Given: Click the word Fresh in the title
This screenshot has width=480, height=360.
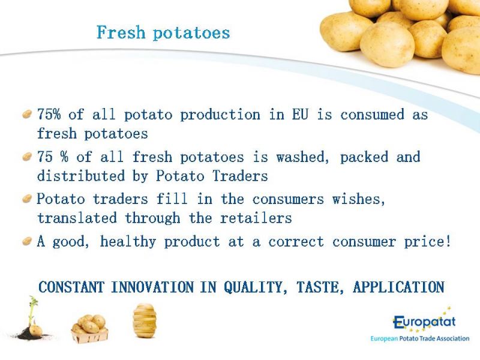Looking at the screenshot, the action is coord(121,32).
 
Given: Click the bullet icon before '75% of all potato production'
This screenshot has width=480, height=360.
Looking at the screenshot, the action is coord(27,115).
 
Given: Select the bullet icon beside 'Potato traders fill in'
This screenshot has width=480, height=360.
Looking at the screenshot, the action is coord(27,199).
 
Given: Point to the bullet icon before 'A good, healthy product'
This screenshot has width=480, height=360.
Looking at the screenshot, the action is coord(27,241).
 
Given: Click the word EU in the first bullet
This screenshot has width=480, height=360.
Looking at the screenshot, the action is coord(300,115).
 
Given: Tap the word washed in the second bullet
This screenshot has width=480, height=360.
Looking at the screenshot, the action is coord(302,157).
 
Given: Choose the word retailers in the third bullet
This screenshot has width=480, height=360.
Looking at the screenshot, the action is coord(256,218).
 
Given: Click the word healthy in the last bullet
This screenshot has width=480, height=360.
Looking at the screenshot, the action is coord(128,242).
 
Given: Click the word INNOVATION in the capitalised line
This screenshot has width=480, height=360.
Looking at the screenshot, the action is coord(152,287).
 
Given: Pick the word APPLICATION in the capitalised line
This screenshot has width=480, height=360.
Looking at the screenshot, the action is coord(398,287).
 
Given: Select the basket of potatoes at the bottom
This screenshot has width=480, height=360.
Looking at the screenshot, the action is coord(89,329).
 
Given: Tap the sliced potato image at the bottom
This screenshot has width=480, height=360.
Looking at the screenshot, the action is coord(145,320).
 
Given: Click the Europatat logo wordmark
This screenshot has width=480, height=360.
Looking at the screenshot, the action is coord(424,322).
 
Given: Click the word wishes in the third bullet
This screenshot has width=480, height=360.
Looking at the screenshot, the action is coord(358,200).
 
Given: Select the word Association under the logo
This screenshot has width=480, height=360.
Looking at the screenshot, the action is coord(453,338).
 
